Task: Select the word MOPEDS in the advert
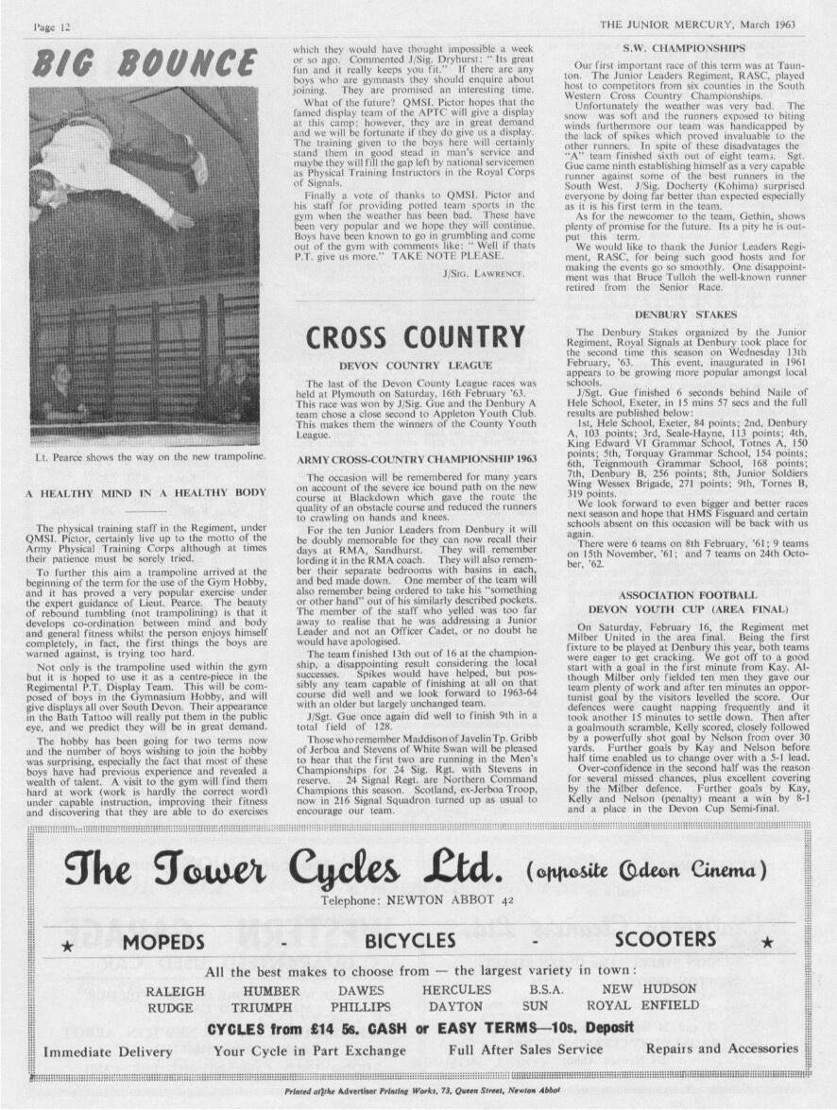pos(162,942)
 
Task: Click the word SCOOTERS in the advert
pos(665,940)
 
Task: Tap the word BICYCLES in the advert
pos(410,942)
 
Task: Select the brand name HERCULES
pos(456,990)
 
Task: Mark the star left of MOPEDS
pos(67,944)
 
